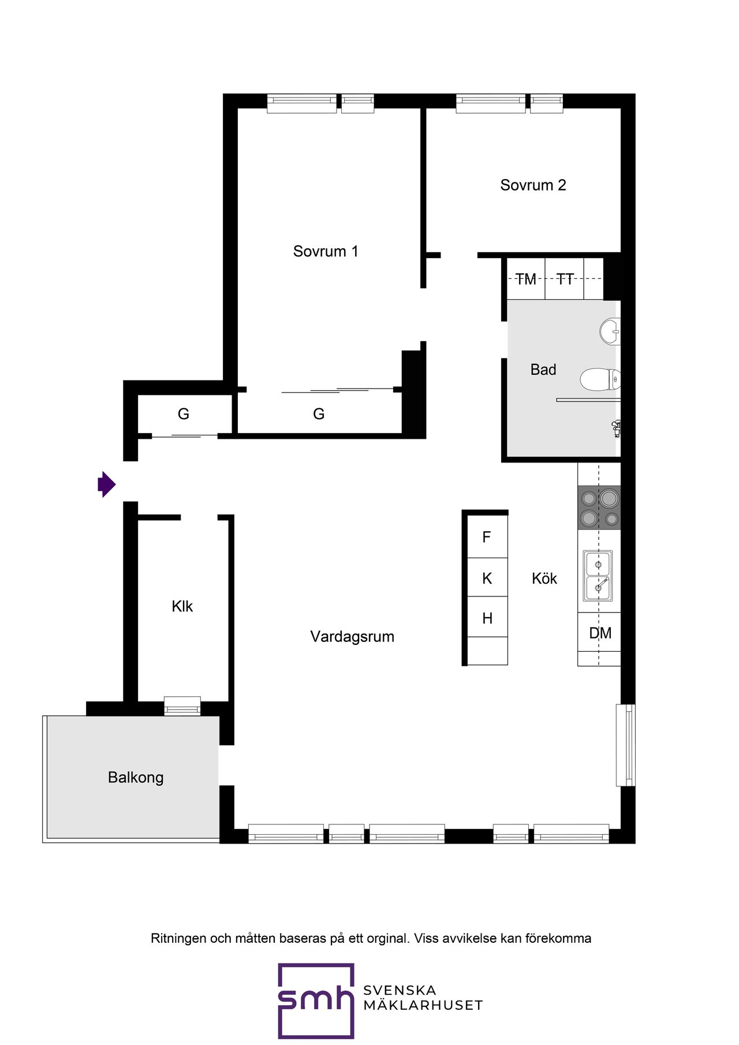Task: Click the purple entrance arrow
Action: [107, 484]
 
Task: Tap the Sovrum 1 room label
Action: [326, 251]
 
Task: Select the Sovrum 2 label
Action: [533, 185]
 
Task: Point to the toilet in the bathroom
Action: [600, 380]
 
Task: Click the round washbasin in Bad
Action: [610, 331]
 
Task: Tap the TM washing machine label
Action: [526, 279]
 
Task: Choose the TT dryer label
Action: [565, 279]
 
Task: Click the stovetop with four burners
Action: [599, 507]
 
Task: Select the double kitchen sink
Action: [598, 576]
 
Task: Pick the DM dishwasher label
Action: [600, 633]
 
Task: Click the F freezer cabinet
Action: [487, 537]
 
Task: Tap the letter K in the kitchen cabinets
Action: [487, 578]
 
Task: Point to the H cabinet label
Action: [487, 618]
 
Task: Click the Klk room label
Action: [182, 606]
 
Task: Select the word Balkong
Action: [136, 778]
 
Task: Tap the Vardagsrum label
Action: [352, 637]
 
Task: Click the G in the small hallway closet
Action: [184, 413]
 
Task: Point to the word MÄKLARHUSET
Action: [423, 1005]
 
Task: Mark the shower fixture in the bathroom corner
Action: [616, 428]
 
